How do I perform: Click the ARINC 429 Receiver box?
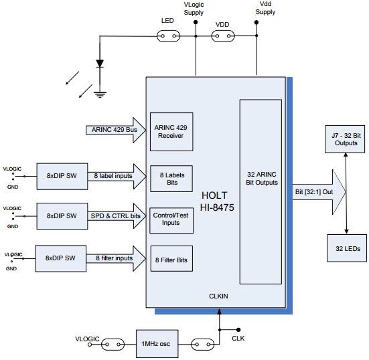pyautogui.click(x=171, y=130)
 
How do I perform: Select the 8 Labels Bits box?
pyautogui.click(x=171, y=179)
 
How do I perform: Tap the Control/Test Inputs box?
pyautogui.click(x=171, y=219)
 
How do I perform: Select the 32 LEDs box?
pyautogui.click(x=346, y=248)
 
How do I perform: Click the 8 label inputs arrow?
pyautogui.click(x=115, y=176)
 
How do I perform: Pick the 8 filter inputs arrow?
pyautogui.click(x=115, y=258)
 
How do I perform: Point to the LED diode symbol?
pyautogui.click(x=100, y=65)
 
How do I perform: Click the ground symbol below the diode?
pyautogui.click(x=100, y=93)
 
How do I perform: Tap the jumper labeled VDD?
pyautogui.click(x=224, y=37)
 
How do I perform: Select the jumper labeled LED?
pyautogui.click(x=168, y=37)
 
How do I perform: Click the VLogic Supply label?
pyautogui.click(x=195, y=8)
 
